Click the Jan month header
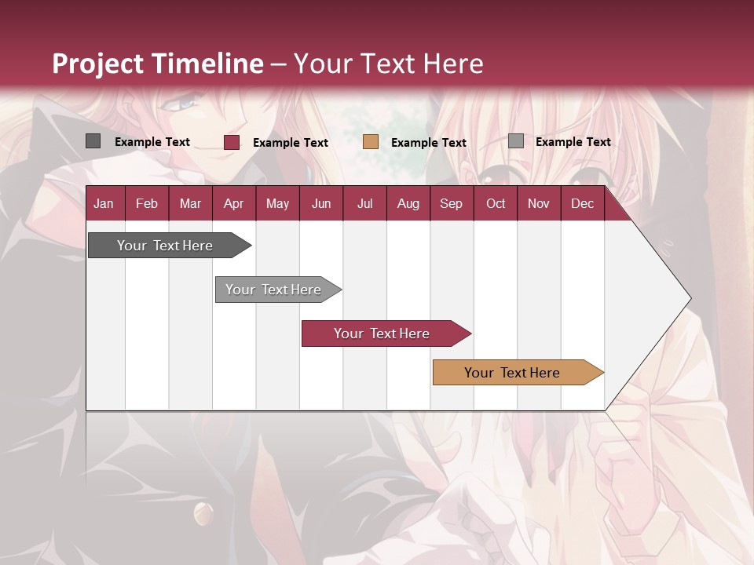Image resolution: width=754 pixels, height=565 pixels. pyautogui.click(x=104, y=203)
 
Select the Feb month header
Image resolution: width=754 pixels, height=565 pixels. pyautogui.click(x=147, y=203)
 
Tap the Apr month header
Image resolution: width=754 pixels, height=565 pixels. pyautogui.click(x=233, y=203)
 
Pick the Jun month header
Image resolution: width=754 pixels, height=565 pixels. pyautogui.click(x=321, y=203)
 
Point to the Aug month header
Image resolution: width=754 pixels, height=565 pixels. pyautogui.click(x=408, y=203)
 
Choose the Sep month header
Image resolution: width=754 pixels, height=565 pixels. pyautogui.click(x=451, y=203)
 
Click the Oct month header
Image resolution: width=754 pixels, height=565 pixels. pyautogui.click(x=496, y=203)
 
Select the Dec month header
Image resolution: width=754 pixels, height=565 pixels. pyautogui.click(x=582, y=203)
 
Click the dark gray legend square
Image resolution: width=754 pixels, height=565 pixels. pyautogui.click(x=93, y=141)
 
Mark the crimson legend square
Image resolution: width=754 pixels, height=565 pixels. pyautogui.click(x=232, y=142)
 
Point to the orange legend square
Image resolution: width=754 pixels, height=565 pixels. pyautogui.click(x=371, y=142)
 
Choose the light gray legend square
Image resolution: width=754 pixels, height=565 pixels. pyautogui.click(x=516, y=141)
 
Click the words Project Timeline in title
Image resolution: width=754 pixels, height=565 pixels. pyautogui.click(x=158, y=64)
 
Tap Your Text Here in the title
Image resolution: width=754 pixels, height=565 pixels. pyautogui.click(x=389, y=64)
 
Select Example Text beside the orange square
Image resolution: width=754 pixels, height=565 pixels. pyautogui.click(x=429, y=143)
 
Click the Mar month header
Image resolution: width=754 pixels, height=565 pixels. pyautogui.click(x=190, y=203)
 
